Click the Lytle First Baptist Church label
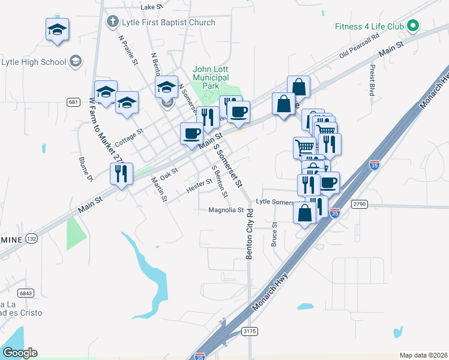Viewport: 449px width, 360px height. (161, 23)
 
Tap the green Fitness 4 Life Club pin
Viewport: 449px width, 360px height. (412, 26)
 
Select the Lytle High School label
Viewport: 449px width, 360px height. (34, 61)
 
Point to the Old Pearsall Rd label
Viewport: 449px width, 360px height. (360, 46)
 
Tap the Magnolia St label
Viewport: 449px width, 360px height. (226, 211)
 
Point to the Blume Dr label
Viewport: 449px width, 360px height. (86, 169)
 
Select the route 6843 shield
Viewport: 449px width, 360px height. (26, 293)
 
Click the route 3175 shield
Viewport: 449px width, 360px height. (249, 331)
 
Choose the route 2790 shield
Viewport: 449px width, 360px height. (359, 205)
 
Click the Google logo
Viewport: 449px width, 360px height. (20, 353)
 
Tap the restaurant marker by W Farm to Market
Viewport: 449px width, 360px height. (121, 174)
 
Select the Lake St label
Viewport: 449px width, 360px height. (151, 7)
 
